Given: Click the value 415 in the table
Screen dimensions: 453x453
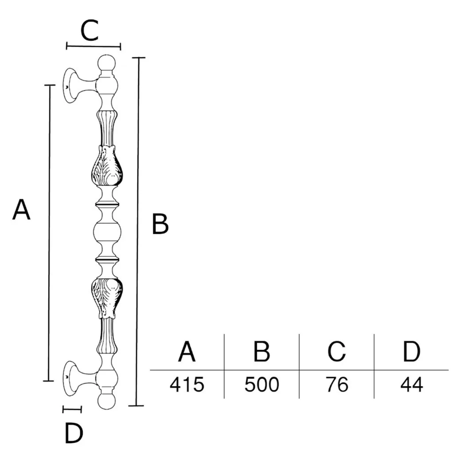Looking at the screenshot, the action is pos(187,384).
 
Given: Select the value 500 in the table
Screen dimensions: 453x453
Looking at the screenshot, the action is pos(262,384).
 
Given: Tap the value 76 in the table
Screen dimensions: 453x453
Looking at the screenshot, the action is pos(337,384).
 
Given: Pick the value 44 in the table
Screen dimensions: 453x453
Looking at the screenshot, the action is pos(412,384).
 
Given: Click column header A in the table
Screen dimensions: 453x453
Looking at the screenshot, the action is pos(187,351).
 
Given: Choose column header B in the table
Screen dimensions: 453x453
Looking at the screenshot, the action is pos(262,351).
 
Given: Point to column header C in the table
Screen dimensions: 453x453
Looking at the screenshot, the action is pos(336,351).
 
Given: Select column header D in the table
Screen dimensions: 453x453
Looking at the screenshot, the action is pos(412,351).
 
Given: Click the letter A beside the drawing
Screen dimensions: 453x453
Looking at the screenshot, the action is pos(22,210).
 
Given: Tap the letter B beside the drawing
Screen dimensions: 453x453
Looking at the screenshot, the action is pos(160,224).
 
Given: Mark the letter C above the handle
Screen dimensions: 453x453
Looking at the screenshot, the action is pos(90,30).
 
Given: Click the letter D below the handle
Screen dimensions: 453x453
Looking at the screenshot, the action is pos(74,433).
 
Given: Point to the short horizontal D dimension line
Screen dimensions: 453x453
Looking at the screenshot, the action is pos(72,409).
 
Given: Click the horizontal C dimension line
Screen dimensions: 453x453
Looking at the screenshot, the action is pos(93,46).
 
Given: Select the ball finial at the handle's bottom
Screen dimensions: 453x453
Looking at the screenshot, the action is pos(107,401).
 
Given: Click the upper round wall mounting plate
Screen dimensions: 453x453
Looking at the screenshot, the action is pos(70,86).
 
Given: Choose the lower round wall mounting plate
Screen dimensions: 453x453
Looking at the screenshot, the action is pos(70,378).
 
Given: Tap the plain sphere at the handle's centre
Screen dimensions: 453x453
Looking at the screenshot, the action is pos(107,232).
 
